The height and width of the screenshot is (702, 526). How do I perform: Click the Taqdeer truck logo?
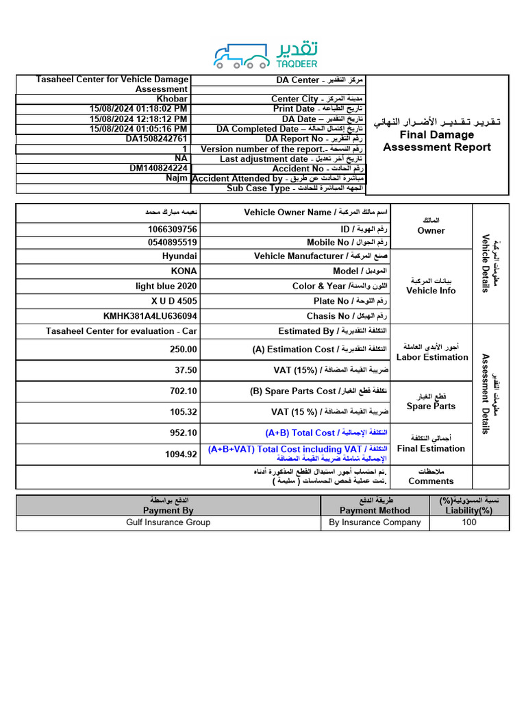(240, 56)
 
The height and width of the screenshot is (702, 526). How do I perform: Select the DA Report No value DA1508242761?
(156, 138)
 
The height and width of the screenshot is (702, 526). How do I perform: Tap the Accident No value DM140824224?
(158, 168)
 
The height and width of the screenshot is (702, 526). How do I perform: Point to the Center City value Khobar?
(172, 99)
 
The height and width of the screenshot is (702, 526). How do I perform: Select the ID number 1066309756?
(172, 229)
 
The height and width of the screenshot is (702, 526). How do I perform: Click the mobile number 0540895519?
(172, 242)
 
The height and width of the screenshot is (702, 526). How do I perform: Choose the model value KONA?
(184, 271)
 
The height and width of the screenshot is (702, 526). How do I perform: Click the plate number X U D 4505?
(174, 301)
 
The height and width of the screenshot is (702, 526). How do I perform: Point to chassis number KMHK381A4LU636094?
(150, 316)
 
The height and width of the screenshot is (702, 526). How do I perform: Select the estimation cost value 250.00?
(183, 349)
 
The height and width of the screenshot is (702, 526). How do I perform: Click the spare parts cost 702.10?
(183, 391)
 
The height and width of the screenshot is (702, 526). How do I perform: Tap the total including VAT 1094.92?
(181, 454)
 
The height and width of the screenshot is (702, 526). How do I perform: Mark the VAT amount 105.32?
(183, 412)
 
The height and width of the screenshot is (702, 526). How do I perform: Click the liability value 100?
(469, 522)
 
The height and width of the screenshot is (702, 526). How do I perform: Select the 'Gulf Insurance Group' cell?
(168, 522)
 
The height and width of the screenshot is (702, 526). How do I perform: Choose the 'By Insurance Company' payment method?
(375, 522)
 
